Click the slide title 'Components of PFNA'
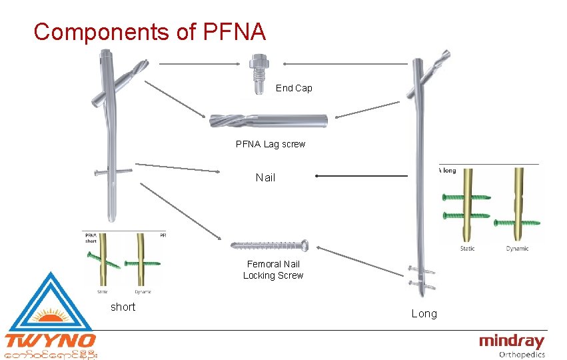pos(150,31)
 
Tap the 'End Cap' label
pos(294,88)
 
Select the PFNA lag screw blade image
pos(269,121)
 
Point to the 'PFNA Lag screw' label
pos(271,144)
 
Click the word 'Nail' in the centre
pos(265,177)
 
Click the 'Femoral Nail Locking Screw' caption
pos(273,270)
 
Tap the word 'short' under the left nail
pos(123,307)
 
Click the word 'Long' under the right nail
pos(424,313)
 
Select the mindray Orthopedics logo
pos(512,346)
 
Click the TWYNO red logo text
pos(50,341)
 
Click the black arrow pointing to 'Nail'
pos(360,176)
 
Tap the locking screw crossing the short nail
pos(113,172)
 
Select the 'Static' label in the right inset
pos(468,249)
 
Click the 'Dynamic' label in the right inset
pos(517,249)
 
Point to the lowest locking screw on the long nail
pos(422,284)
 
